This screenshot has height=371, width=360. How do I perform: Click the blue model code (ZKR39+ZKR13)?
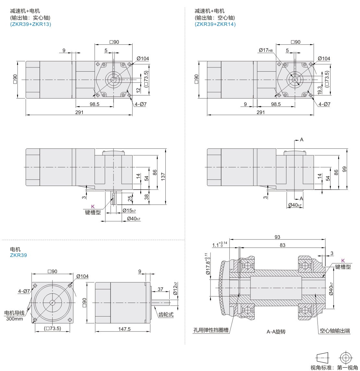[30, 24]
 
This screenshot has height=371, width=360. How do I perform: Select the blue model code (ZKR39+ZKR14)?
[215, 24]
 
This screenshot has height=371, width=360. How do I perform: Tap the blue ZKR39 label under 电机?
[18, 255]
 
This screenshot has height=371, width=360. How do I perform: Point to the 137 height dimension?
[163, 177]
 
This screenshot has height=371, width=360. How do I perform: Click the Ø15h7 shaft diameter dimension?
[129, 210]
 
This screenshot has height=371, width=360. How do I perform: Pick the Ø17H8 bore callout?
[266, 50]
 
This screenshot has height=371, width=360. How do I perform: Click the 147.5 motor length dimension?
[124, 329]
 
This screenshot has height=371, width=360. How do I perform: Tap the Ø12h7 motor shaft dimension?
[175, 288]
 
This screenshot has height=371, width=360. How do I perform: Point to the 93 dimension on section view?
[277, 237]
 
